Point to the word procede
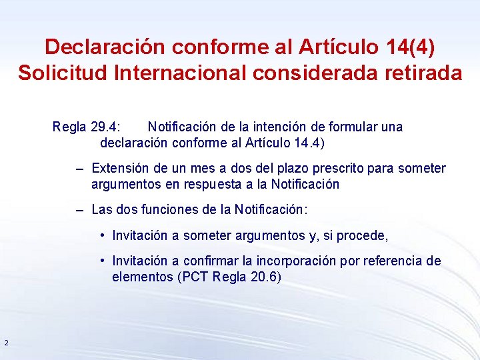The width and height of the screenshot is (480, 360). tap(365, 235)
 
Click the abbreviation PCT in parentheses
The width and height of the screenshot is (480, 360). tap(195, 277)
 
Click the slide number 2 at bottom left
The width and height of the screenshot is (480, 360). tap(6, 343)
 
